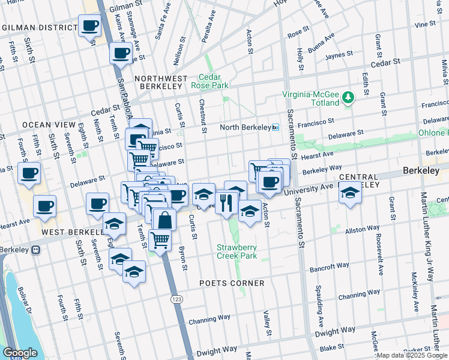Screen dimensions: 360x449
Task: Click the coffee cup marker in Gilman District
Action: click(x=90, y=26)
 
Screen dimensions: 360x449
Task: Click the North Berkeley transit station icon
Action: click(x=276, y=127)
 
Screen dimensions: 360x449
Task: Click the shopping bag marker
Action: click(x=164, y=220)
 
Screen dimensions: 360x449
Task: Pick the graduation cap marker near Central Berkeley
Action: click(x=351, y=193)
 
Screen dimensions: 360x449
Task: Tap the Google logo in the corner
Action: click(x=19, y=353)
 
